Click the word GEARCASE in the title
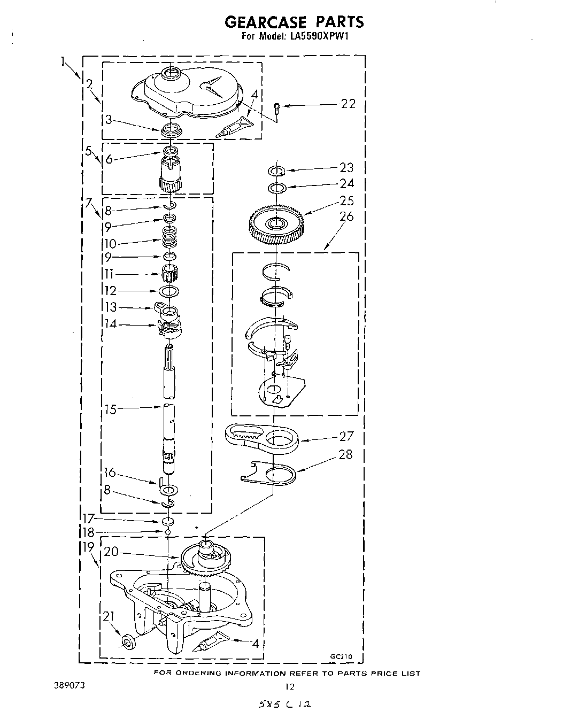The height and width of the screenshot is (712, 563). click(x=265, y=22)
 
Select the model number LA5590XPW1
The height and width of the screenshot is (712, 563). click(x=319, y=37)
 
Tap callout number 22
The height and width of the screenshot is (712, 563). click(x=348, y=104)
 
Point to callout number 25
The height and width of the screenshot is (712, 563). click(x=346, y=201)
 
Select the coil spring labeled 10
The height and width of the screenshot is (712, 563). click(x=169, y=236)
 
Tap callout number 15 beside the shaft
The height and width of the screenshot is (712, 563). click(x=110, y=410)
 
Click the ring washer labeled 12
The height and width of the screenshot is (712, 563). click(x=169, y=291)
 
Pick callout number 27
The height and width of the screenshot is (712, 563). click(x=346, y=436)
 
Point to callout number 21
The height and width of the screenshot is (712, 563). click(x=109, y=617)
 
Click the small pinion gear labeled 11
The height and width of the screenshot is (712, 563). click(x=169, y=275)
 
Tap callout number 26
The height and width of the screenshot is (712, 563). click(x=346, y=216)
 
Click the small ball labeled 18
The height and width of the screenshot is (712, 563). click(x=168, y=532)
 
